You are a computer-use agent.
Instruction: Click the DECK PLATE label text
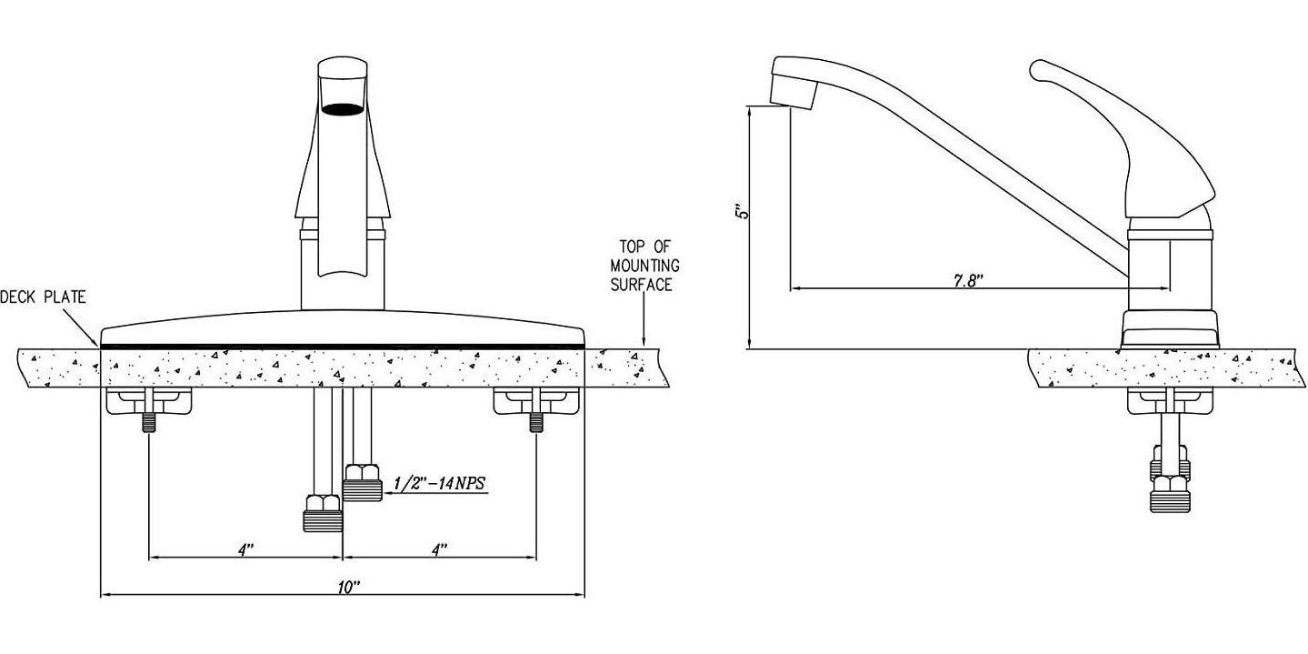pos(43,297)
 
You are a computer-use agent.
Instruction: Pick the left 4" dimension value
pos(246,549)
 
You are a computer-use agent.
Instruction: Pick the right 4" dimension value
pos(440,549)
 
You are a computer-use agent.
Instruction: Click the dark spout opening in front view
pos(342,110)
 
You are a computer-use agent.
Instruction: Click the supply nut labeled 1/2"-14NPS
pos(362,483)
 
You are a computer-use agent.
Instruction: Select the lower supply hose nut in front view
pos(322,513)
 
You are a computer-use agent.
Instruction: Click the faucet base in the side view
pos(1169,327)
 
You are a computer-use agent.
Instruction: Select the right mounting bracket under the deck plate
pos(536,400)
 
